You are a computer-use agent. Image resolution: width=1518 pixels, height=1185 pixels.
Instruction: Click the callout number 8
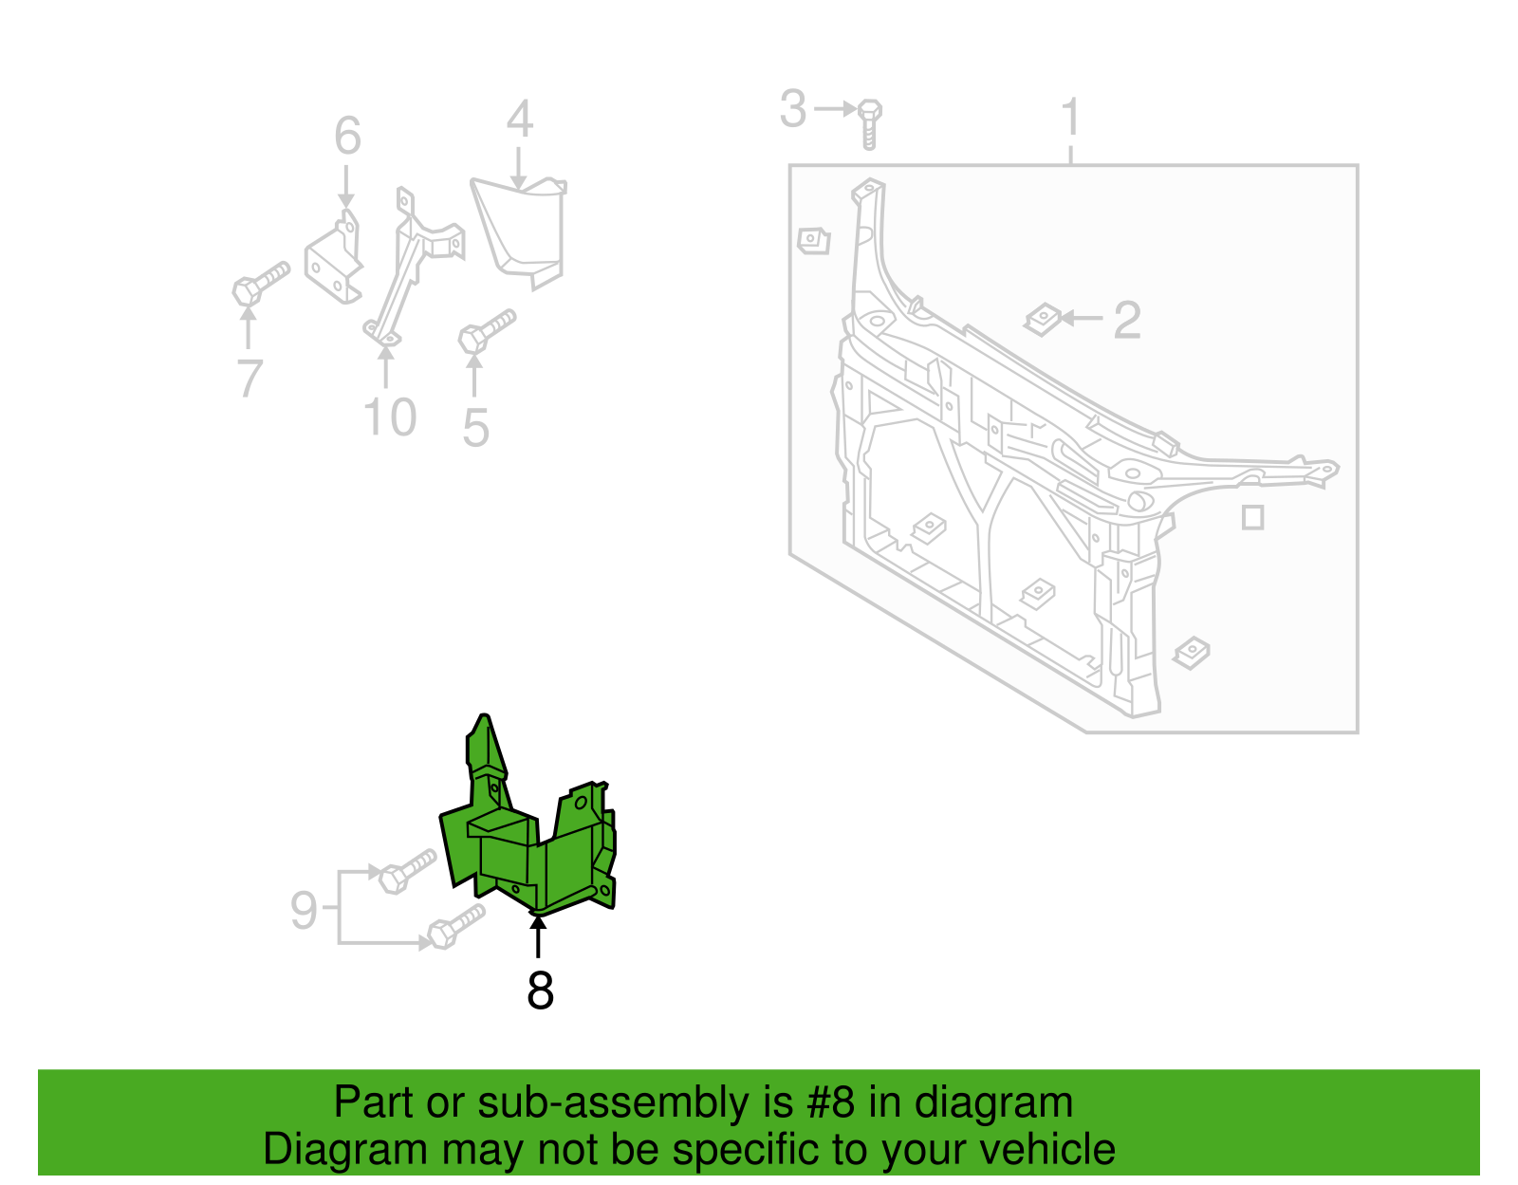tap(540, 991)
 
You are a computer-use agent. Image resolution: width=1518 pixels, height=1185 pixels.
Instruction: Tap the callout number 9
tap(304, 910)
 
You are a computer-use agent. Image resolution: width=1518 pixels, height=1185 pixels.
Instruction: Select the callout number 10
tap(390, 417)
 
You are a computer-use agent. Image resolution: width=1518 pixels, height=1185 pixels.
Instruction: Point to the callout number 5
tap(475, 427)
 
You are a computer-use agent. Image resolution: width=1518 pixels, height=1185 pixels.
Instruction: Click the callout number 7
tap(250, 378)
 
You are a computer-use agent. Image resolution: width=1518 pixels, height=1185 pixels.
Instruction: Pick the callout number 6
tap(348, 136)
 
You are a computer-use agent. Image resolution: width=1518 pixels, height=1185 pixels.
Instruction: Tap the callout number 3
tap(793, 109)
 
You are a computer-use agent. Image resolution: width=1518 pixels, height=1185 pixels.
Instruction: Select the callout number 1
tap(1071, 117)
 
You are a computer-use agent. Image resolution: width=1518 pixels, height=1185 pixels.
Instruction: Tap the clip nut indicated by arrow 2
tap(1043, 319)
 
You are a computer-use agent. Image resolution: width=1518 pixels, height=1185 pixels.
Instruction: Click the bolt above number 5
tap(487, 331)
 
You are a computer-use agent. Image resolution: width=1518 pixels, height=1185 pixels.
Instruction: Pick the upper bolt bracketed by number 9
tap(407, 871)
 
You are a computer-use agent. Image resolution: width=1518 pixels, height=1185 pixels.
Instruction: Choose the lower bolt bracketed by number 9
tap(456, 926)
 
